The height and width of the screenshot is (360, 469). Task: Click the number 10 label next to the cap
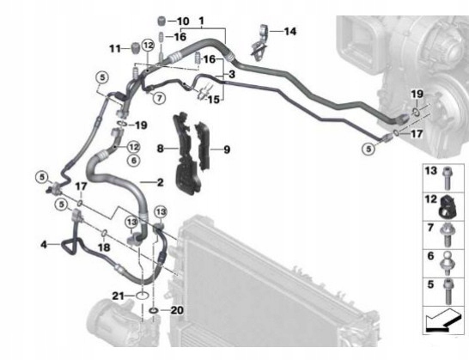(x=183, y=21)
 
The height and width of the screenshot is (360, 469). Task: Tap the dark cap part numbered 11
(x=136, y=48)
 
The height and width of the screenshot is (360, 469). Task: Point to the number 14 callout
(x=289, y=31)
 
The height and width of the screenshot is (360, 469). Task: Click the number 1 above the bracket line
(x=201, y=21)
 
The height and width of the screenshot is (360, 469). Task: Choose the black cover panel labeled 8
(x=186, y=154)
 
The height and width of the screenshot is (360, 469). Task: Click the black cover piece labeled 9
(x=203, y=145)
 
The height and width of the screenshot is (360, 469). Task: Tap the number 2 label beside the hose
(x=161, y=182)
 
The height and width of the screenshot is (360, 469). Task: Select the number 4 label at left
(x=44, y=245)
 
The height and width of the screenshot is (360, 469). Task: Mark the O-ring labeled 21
(x=142, y=296)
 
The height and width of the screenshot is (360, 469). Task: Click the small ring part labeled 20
(x=154, y=311)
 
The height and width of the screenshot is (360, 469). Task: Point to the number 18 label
(x=104, y=247)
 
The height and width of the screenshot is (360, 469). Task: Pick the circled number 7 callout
(x=159, y=98)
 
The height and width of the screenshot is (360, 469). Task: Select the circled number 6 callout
(x=134, y=161)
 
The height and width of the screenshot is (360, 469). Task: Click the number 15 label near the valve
(x=213, y=100)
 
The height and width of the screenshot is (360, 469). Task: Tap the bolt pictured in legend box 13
(x=448, y=178)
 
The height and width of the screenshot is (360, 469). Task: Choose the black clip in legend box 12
(x=447, y=206)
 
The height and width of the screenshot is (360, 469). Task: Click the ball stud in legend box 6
(x=447, y=263)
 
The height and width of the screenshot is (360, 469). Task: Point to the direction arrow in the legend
(x=442, y=320)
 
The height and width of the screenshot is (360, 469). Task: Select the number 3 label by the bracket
(x=232, y=74)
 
